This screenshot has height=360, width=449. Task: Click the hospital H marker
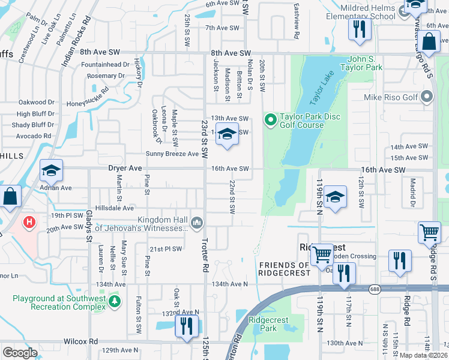coord(28,224)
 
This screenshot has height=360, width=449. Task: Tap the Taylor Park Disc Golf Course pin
coord(270,121)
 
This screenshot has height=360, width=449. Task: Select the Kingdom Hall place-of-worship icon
coord(196,224)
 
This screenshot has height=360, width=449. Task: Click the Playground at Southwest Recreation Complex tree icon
coord(114,300)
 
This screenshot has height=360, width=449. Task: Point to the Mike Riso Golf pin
coord(427,97)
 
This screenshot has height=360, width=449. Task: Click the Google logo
coord(20,352)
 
